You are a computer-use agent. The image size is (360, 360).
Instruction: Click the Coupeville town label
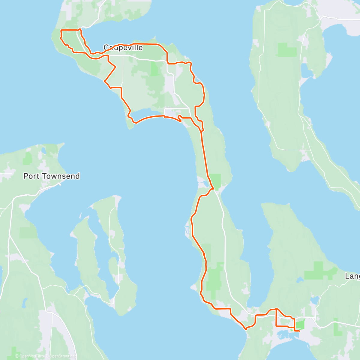123,48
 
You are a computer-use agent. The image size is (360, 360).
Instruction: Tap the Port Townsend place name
52,176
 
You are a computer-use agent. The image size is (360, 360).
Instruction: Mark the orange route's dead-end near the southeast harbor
299,331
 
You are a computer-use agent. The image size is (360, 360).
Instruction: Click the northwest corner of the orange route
61,31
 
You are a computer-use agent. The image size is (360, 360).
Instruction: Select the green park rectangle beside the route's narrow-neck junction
215,180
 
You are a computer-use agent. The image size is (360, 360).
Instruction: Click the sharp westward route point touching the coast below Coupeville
104,81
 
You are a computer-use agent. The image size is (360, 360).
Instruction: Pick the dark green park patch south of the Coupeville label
154,69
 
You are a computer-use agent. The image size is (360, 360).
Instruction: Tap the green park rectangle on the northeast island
287,50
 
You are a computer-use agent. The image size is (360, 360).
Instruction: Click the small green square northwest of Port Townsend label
28,159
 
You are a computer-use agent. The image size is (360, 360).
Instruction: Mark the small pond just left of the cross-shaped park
299,280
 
